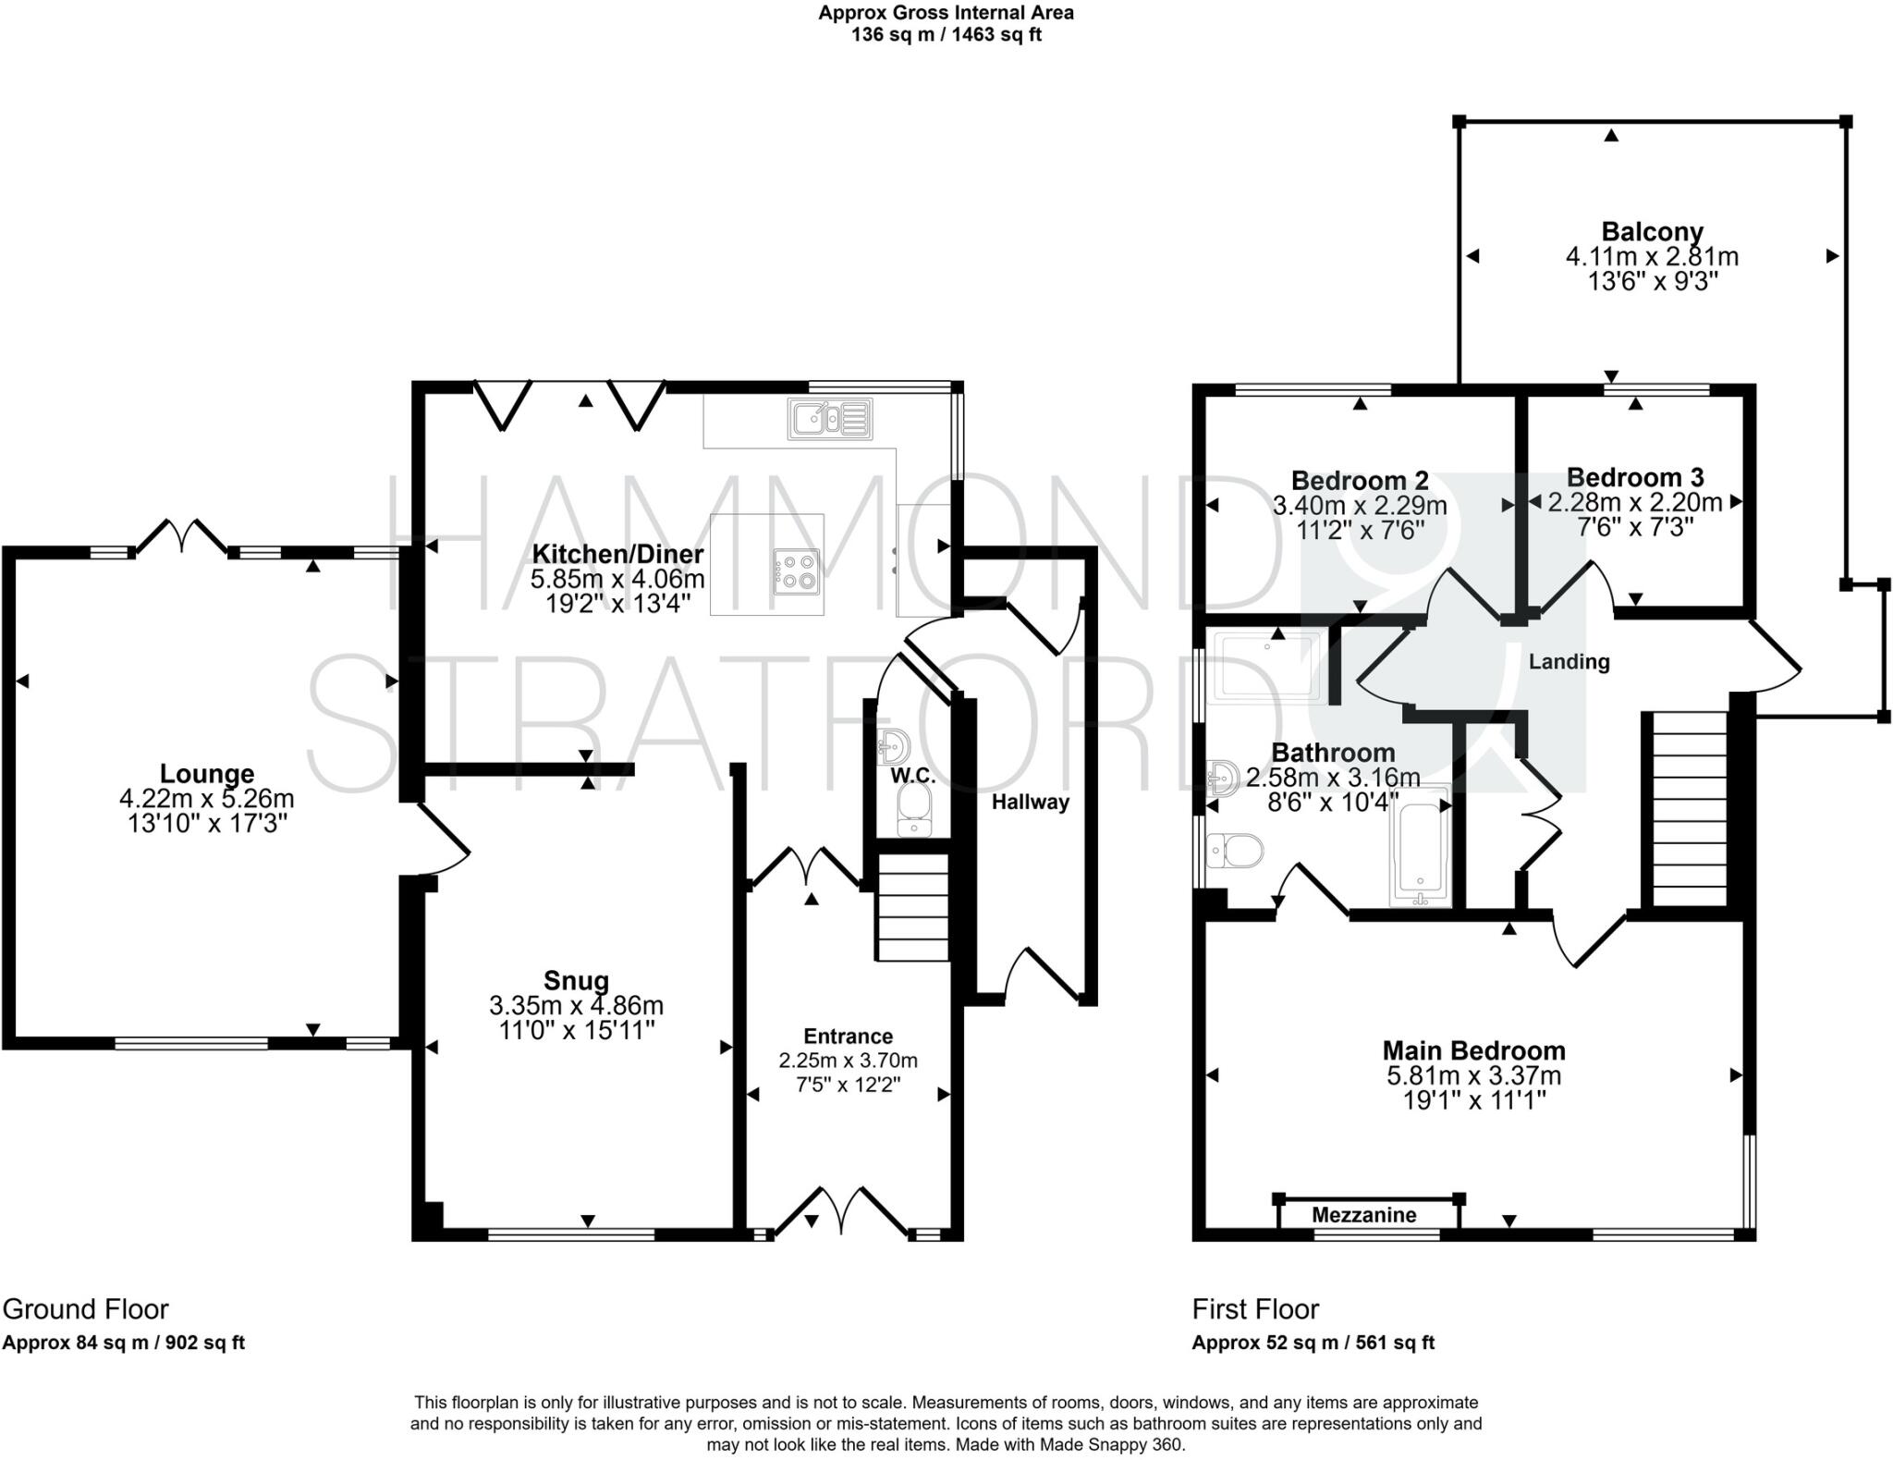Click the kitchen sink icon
click(829, 419)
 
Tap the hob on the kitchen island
click(797, 571)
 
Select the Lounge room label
click(206, 773)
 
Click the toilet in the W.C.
click(914, 810)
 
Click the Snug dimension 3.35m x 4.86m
click(576, 1005)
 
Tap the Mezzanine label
click(1363, 1215)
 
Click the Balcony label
click(1652, 231)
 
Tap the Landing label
click(1569, 662)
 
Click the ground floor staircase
click(912, 907)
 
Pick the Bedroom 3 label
click(1634, 477)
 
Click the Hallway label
click(1030, 802)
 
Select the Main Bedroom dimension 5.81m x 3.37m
click(1473, 1075)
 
